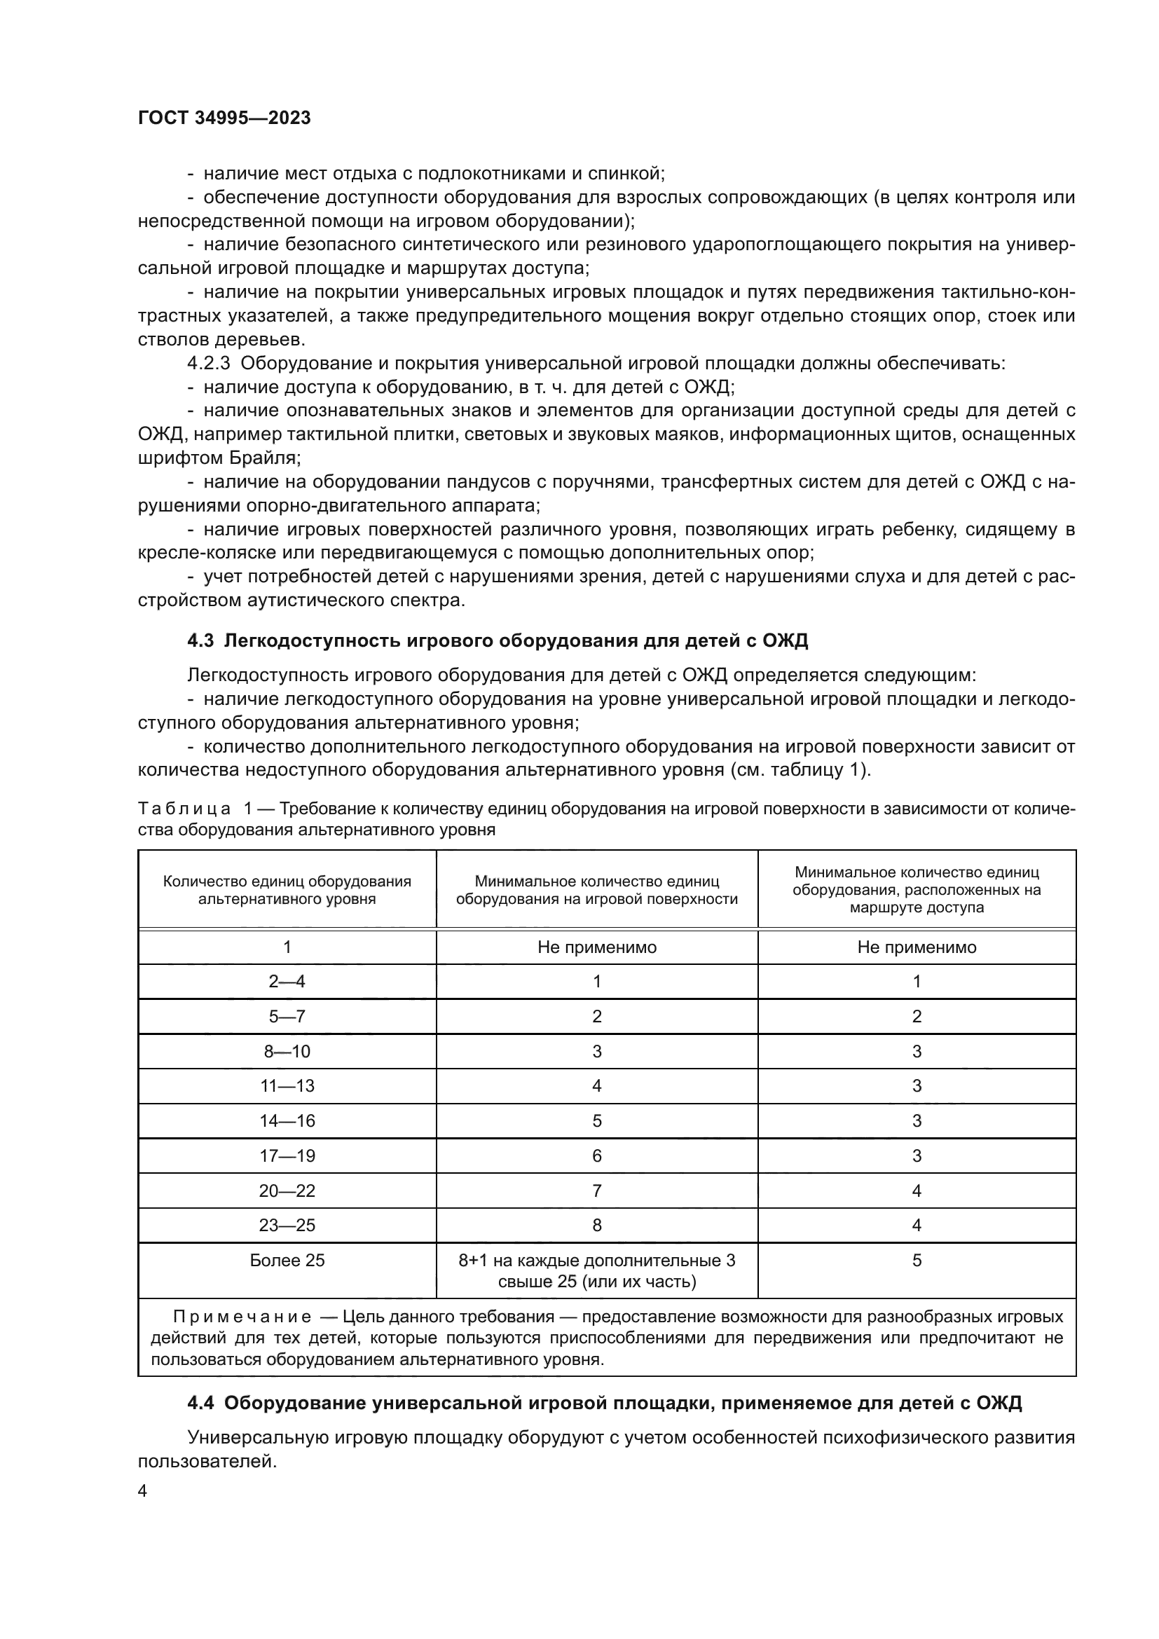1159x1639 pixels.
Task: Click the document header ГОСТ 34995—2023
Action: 224,118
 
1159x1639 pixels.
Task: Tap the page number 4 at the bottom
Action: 142,1491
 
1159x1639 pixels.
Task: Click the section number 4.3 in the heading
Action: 200,641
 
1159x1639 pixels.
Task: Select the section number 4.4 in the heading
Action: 200,1404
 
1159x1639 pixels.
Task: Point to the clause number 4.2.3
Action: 208,364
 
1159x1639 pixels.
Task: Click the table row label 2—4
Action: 287,982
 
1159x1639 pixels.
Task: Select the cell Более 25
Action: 287,1261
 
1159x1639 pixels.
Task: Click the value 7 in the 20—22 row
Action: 596,1191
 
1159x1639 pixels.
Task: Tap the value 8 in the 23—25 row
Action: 596,1226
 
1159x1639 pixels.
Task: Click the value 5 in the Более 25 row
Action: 917,1261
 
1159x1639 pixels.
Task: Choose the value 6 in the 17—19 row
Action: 596,1155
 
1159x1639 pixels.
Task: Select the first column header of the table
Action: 287,889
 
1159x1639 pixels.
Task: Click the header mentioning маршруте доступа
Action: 917,889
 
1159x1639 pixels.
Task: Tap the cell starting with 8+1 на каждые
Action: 596,1270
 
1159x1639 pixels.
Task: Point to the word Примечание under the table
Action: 242,1317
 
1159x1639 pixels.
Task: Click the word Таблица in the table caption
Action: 184,809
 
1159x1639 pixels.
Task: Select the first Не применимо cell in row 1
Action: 596,947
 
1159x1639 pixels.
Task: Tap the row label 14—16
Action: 287,1120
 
